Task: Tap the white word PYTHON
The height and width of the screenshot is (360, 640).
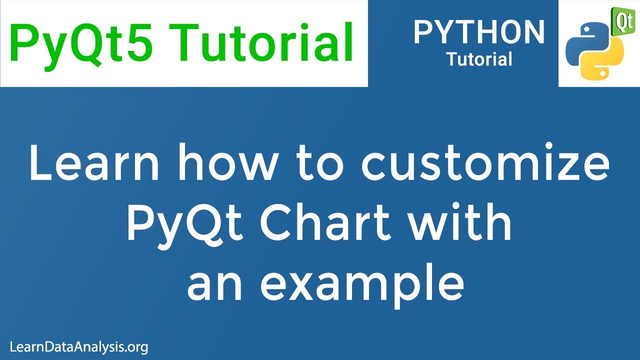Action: click(x=479, y=32)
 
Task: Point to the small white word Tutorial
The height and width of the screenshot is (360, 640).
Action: click(x=479, y=59)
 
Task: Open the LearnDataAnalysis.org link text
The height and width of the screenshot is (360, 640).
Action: click(x=79, y=346)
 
